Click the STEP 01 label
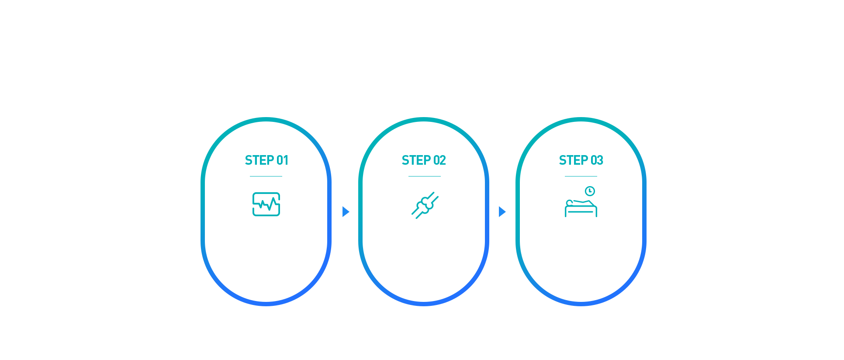click(266, 160)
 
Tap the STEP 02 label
click(424, 160)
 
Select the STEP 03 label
click(581, 160)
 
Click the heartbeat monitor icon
click(266, 204)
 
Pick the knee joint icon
click(425, 205)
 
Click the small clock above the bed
click(590, 191)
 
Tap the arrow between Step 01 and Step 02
click(346, 211)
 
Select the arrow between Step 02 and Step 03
click(502, 211)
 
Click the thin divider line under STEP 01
click(266, 176)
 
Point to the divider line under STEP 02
click(425, 176)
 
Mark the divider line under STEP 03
click(581, 176)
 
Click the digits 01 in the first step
click(283, 160)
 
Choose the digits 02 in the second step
click(440, 160)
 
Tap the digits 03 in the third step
click(597, 160)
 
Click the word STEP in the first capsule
click(259, 160)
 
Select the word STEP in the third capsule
click(574, 160)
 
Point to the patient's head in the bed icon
click(569, 203)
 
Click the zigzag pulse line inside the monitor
click(266, 204)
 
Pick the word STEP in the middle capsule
click(416, 160)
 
